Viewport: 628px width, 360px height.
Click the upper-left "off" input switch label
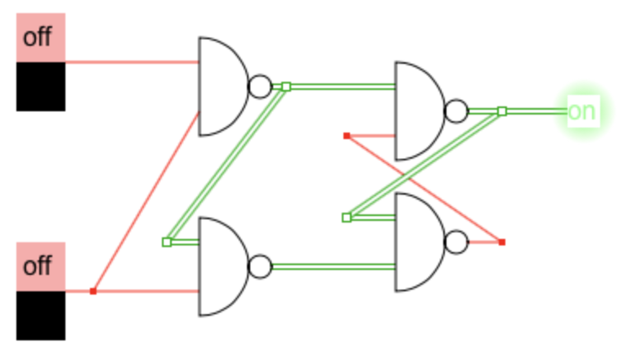[x=40, y=38]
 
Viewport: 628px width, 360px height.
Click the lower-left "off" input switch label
[x=40, y=267]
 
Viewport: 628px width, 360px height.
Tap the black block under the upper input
[x=40, y=86]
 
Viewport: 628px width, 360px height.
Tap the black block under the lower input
[x=40, y=316]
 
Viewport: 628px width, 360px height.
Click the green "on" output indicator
[x=581, y=110]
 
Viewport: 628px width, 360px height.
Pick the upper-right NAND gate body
[x=417, y=110]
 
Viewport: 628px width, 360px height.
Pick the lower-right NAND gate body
[x=417, y=241]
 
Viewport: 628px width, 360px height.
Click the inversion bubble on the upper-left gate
[x=259, y=86]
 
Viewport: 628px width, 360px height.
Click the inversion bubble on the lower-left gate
[x=259, y=266]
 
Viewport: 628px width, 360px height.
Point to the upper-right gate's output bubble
[x=456, y=110]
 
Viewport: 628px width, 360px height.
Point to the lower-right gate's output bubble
[x=456, y=241]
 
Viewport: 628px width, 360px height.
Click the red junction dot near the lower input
[x=93, y=290]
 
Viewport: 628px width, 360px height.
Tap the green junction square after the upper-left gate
[x=286, y=86]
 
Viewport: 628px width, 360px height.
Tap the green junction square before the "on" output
[x=502, y=110]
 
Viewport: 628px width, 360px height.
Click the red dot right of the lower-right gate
[x=501, y=241]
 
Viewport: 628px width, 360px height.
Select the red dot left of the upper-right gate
[x=347, y=135]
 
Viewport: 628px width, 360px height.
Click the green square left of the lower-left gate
[x=167, y=241]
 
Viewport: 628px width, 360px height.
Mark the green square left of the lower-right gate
[x=347, y=217]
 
